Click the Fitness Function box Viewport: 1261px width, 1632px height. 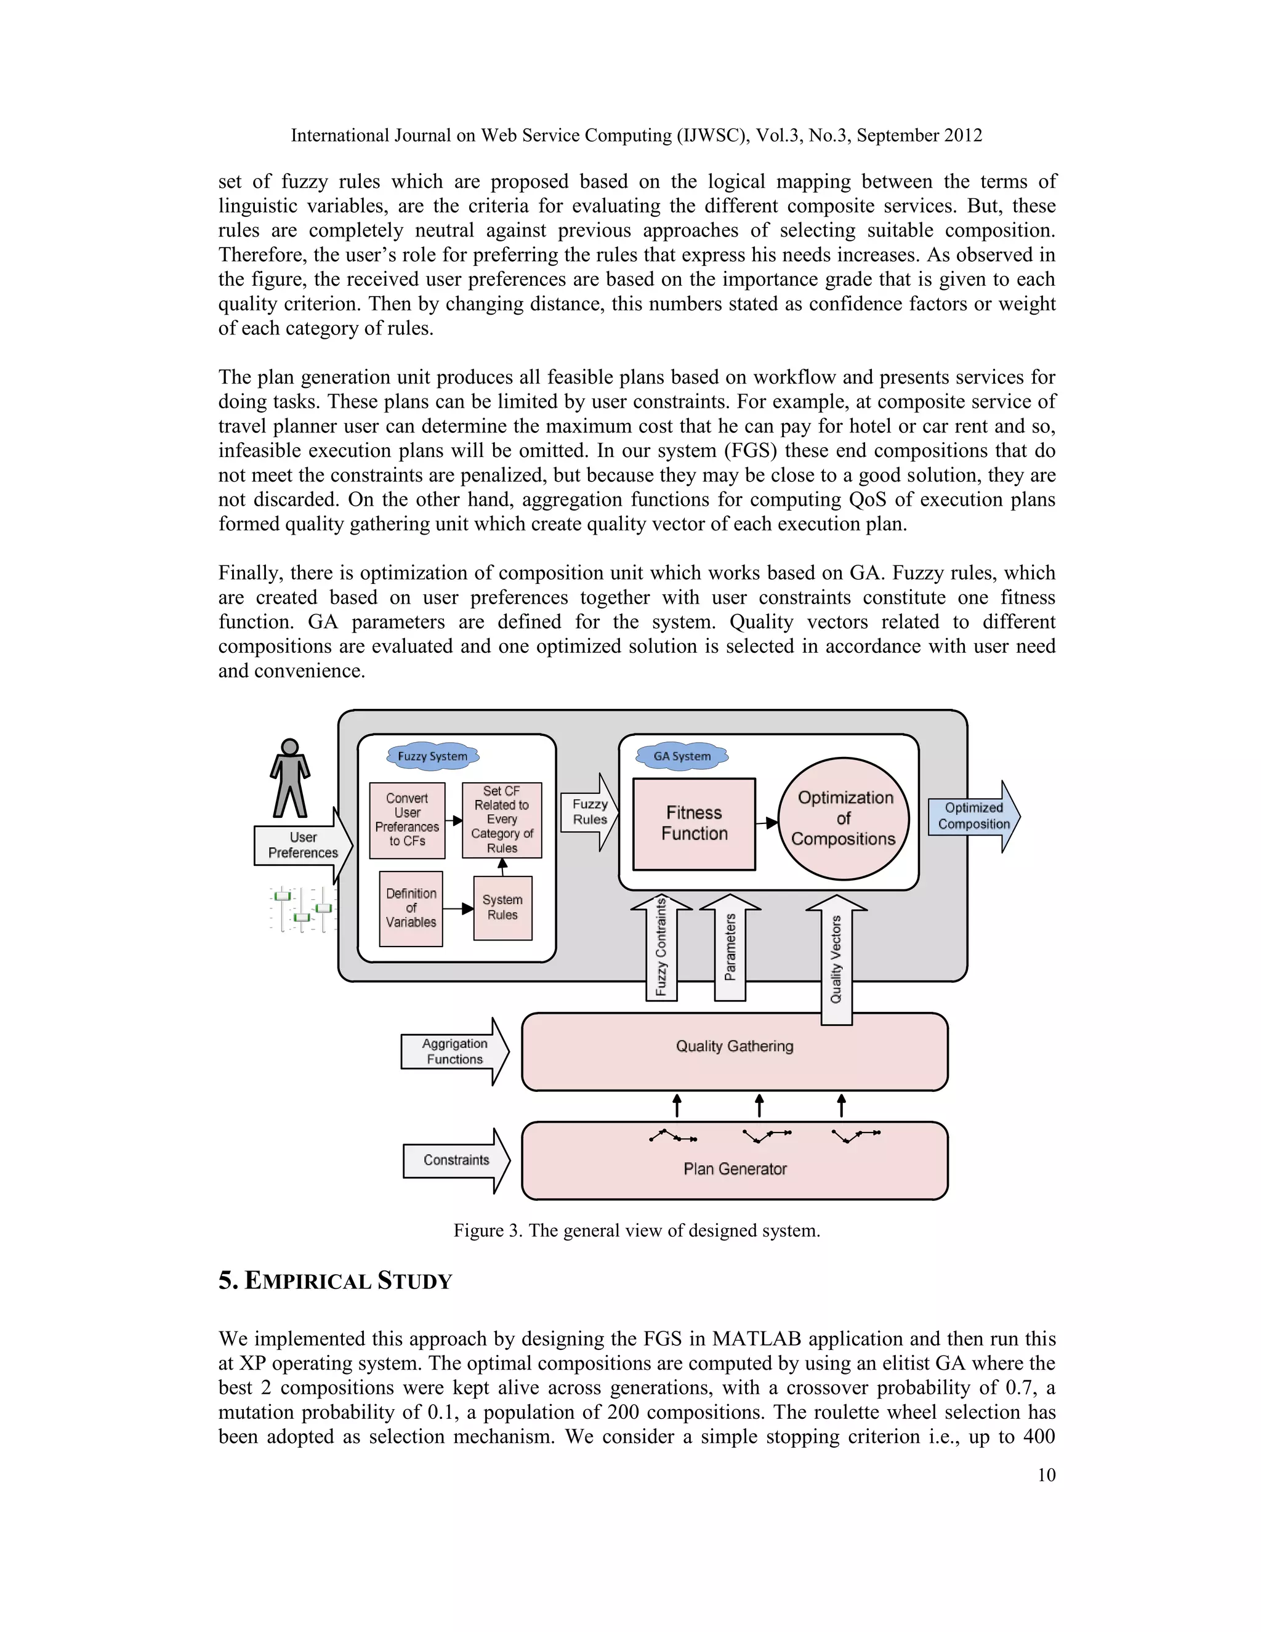tap(694, 823)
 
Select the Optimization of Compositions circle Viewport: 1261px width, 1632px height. tap(844, 818)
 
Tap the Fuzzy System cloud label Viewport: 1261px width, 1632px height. tap(432, 756)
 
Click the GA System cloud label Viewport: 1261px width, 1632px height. tap(682, 756)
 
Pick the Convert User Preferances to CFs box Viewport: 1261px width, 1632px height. tap(407, 820)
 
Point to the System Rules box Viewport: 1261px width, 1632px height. tap(503, 907)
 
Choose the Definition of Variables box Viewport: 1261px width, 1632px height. tap(411, 908)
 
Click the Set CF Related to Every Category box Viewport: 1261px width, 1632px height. tap(502, 820)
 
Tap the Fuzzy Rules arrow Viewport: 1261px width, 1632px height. tap(590, 812)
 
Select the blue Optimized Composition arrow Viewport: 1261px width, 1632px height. tap(974, 816)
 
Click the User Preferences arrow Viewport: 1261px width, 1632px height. tap(302, 845)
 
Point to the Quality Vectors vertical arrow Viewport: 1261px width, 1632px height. tap(837, 959)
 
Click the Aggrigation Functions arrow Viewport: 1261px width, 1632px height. tap(454, 1051)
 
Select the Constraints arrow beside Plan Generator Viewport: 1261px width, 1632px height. tap(456, 1160)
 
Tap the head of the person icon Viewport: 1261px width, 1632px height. tap(290, 746)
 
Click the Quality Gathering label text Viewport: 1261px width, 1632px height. tap(735, 1046)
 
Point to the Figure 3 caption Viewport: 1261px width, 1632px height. tap(637, 1230)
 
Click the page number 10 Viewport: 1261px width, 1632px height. tap(1046, 1474)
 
